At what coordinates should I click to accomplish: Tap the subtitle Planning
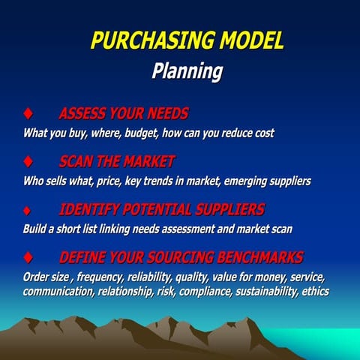(187, 71)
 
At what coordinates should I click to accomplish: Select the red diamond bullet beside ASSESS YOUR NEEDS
(28, 115)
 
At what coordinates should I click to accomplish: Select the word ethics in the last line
(314, 291)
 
